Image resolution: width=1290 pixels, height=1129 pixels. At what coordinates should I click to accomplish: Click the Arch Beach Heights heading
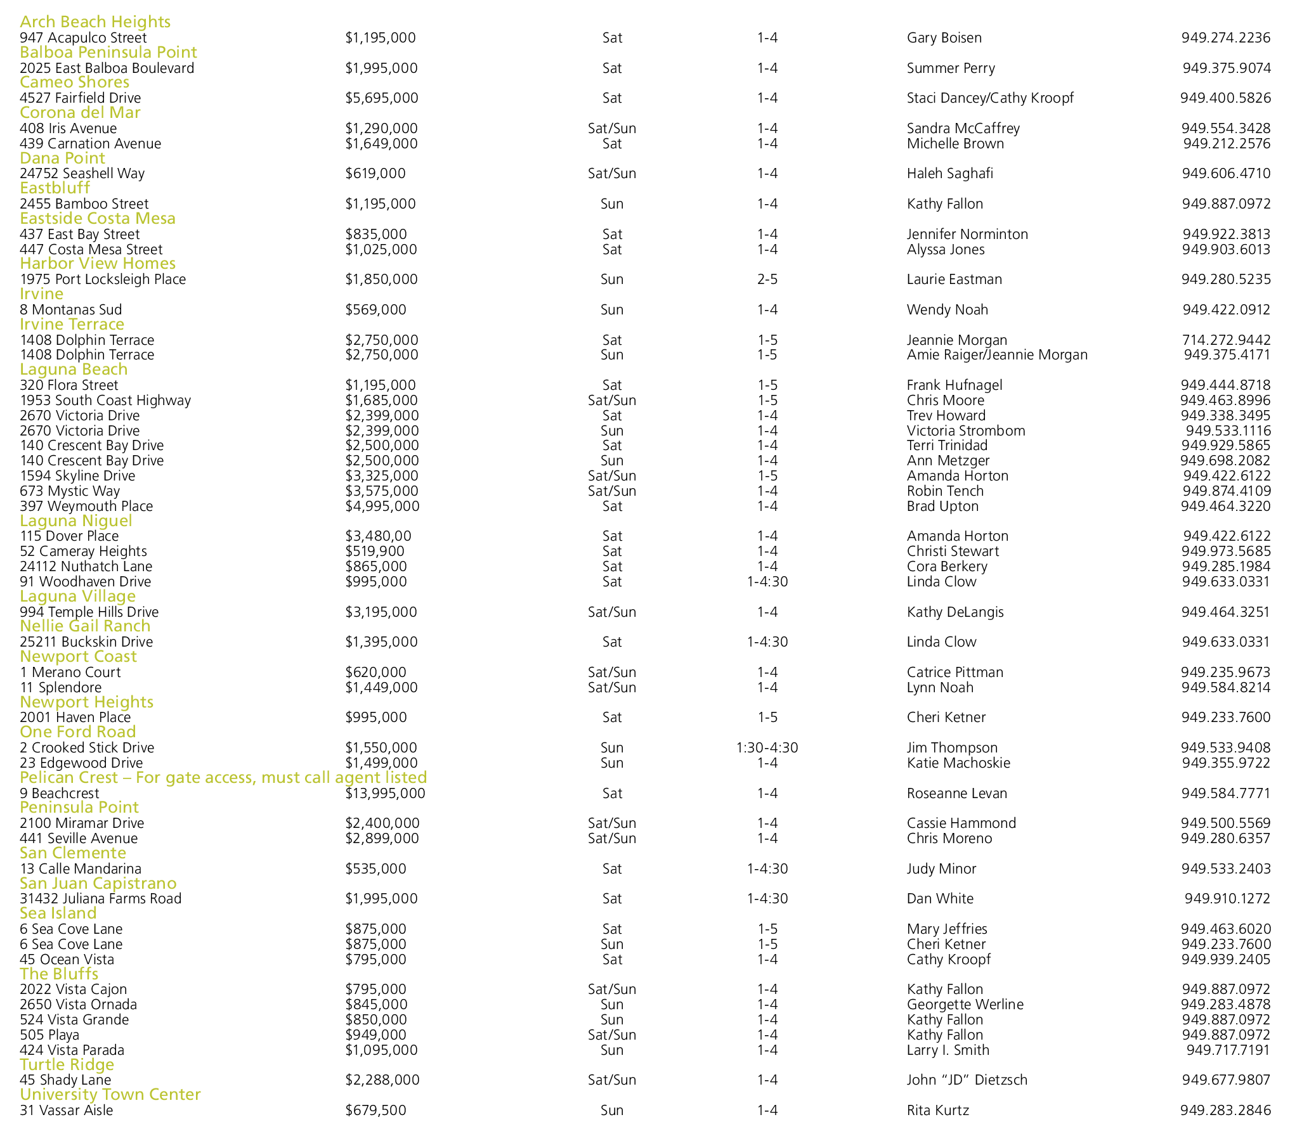95,22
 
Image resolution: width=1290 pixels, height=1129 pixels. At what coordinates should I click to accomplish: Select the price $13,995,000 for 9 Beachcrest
385,793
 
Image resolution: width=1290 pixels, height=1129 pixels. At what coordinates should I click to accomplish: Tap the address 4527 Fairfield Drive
81,98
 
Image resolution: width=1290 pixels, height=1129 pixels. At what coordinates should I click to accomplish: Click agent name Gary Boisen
944,38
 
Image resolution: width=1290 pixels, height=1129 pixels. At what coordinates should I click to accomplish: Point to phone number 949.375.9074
1226,68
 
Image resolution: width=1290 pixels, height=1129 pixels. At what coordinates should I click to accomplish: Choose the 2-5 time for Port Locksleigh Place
767,280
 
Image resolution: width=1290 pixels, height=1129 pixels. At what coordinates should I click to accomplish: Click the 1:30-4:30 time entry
767,748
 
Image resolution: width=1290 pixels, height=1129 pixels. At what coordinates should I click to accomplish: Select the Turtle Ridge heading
67,1064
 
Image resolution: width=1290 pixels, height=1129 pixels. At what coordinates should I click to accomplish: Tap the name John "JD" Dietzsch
967,1080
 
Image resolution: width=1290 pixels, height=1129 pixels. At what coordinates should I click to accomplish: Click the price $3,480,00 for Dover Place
378,536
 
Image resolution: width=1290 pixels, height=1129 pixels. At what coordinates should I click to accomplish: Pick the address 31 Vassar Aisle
67,1110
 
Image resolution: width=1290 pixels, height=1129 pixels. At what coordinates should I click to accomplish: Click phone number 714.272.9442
1226,340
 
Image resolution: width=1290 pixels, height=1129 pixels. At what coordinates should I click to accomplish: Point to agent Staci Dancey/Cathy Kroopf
990,98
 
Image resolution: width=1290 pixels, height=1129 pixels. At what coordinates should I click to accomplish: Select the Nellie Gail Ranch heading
85,626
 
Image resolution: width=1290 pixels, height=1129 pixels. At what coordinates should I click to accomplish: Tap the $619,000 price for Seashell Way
375,174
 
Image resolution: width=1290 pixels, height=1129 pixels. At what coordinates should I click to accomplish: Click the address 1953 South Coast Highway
105,401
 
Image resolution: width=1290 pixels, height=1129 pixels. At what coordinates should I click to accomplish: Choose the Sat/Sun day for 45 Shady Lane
611,1080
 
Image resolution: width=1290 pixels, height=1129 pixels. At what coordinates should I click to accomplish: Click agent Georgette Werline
965,1004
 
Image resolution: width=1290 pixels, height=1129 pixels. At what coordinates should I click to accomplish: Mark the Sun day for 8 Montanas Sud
611,310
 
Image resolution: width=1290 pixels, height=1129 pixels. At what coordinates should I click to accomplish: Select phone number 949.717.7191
1228,1050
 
